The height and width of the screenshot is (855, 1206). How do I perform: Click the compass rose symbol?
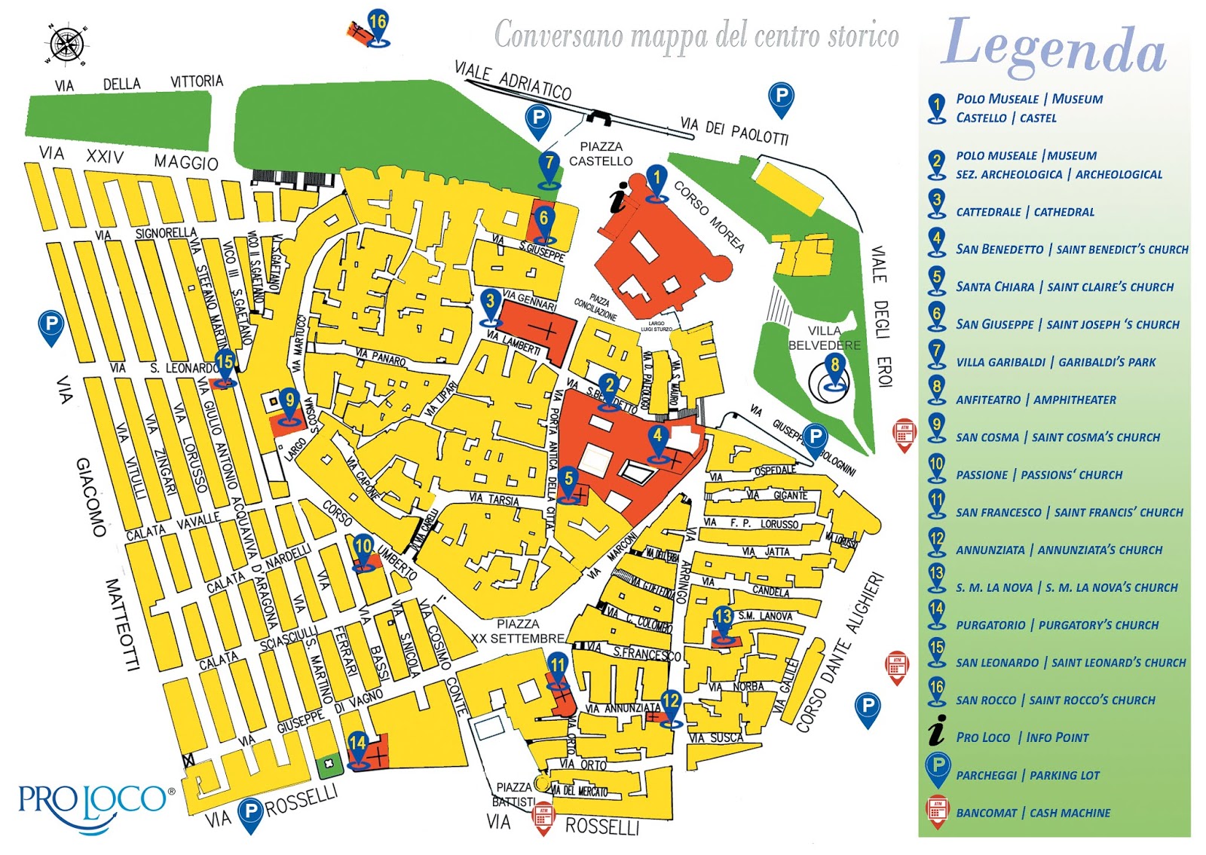coord(67,44)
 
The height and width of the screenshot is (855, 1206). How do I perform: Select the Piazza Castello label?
coord(601,154)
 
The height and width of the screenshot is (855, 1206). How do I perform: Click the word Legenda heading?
coord(1053,48)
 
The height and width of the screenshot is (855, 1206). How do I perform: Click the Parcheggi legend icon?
coord(937,769)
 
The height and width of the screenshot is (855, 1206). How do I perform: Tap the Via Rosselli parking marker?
coord(250,813)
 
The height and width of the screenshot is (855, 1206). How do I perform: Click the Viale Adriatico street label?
coord(513,81)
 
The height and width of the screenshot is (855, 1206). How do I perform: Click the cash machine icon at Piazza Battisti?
coord(543,817)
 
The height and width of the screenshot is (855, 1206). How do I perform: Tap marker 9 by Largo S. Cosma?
coord(289,404)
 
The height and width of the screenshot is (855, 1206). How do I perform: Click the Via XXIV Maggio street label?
coord(128,158)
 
